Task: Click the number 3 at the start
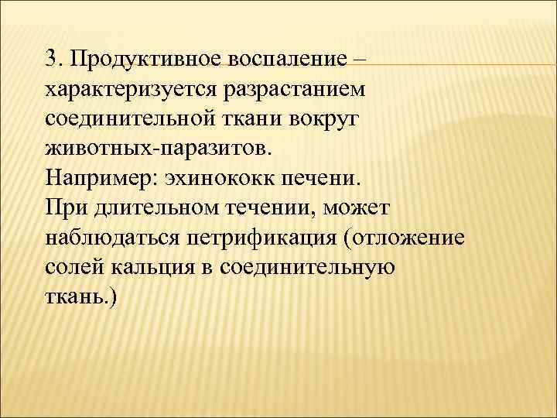coord(51,60)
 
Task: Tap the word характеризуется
coord(132,91)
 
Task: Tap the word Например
coord(98,178)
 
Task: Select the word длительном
coord(145,207)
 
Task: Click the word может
coord(358,207)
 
